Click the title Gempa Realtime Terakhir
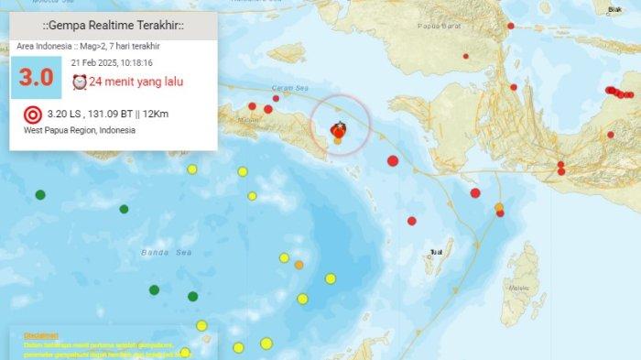[114, 25]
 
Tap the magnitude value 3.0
[36, 77]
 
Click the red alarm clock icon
[79, 82]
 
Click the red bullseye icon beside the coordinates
[33, 115]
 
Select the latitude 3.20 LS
[65, 115]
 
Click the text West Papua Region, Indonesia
[80, 131]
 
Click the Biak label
[614, 9]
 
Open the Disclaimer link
[40, 335]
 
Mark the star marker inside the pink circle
[340, 125]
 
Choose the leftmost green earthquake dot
[40, 194]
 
